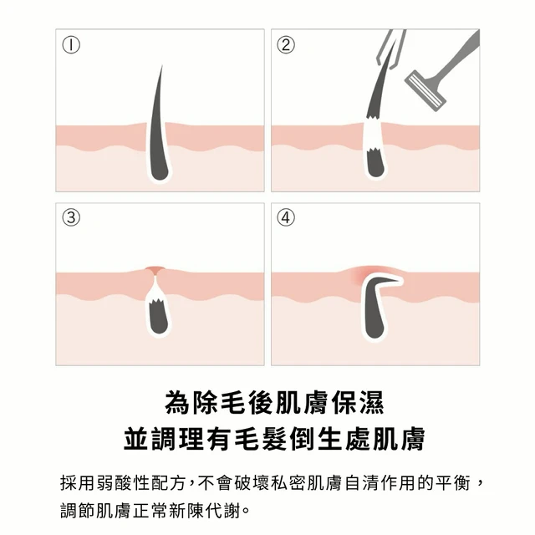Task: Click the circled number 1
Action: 71,45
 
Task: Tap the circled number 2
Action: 286,45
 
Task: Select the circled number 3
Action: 71,217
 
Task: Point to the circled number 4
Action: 286,217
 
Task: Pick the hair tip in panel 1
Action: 161,66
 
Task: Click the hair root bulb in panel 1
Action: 160,171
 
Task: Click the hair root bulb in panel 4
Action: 375,327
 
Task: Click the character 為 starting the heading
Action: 176,403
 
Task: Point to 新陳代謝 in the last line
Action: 205,511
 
